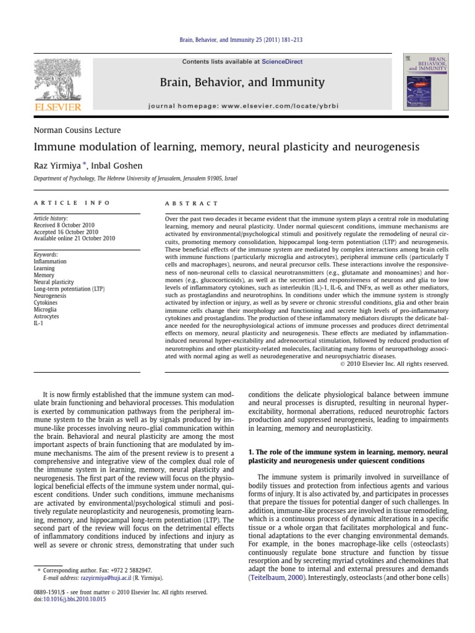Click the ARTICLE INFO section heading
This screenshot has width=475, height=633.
[x=72, y=203]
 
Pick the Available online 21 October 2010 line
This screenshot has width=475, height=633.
[x=75, y=238]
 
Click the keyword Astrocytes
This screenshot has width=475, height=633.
[x=48, y=316]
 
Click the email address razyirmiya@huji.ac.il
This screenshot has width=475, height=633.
[x=107, y=577]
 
